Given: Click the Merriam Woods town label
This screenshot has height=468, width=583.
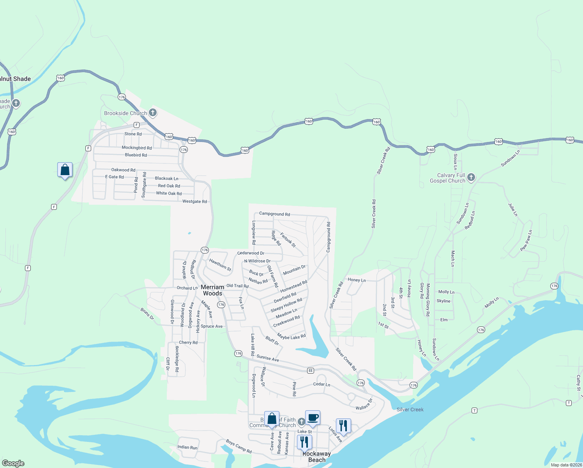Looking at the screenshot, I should click(212, 290).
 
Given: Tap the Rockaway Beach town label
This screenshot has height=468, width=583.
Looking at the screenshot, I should click(316, 457).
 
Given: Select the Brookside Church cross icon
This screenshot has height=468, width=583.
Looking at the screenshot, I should click(153, 113).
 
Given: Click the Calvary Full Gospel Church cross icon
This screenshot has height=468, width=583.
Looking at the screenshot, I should click(471, 177).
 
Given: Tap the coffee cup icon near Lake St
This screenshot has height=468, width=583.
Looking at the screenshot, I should click(313, 418).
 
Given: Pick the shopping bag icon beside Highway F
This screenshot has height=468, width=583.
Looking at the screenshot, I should click(65, 170).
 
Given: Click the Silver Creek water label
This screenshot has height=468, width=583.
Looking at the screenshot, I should click(410, 409).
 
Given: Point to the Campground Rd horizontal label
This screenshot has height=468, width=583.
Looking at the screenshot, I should click(274, 214).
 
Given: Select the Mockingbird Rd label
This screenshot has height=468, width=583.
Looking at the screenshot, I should click(136, 148).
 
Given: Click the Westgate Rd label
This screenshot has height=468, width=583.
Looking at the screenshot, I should click(194, 202).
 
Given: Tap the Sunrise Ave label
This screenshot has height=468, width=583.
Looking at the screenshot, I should click(268, 358).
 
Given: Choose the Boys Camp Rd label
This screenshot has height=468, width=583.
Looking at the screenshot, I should click(239, 447).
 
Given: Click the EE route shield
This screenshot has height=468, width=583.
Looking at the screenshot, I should click(311, 370).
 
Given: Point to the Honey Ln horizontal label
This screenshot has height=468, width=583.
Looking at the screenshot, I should click(357, 280).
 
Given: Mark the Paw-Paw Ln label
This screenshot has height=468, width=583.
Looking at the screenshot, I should click(526, 240).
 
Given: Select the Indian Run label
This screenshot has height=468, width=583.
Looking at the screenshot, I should click(187, 447).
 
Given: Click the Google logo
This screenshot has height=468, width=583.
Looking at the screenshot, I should click(13, 463).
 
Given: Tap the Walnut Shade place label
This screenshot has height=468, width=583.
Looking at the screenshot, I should click(15, 79).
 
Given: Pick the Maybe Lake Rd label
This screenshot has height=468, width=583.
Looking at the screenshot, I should click(291, 336).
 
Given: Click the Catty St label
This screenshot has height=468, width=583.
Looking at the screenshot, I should click(578, 383).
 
